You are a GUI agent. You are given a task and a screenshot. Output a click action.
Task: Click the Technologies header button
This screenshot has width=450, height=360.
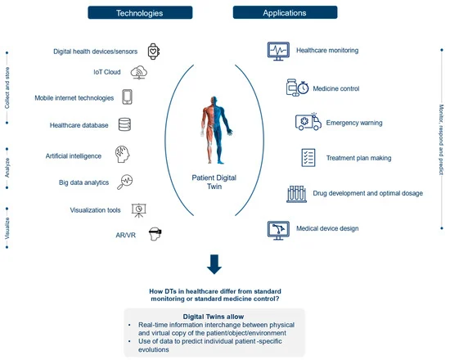[140, 12]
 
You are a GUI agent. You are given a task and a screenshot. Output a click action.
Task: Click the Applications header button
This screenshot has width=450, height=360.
[285, 12]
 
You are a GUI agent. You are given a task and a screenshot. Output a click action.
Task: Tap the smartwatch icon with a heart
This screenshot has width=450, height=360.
[154, 52]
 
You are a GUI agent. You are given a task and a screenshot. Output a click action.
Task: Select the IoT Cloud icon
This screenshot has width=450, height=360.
[139, 72]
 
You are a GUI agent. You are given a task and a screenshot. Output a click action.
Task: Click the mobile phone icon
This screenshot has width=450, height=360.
[127, 97]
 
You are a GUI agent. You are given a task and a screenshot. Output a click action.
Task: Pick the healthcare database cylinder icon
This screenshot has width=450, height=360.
[125, 124]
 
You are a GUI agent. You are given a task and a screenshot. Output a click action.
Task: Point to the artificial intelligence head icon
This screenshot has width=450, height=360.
[123, 154]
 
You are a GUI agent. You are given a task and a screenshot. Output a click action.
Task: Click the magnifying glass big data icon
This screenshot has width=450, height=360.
[125, 182]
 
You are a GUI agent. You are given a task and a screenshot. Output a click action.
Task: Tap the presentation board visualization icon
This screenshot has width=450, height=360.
[138, 210]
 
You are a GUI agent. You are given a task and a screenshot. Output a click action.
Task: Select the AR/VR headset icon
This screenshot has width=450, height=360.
[155, 234]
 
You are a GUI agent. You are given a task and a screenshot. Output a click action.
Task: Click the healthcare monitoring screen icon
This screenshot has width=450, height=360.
[278, 51]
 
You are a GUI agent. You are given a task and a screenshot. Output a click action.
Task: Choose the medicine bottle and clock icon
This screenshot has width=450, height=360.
[297, 88]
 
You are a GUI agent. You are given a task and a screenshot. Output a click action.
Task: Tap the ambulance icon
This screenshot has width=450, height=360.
[308, 122]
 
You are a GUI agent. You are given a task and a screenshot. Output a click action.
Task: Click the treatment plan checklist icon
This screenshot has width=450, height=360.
[308, 158]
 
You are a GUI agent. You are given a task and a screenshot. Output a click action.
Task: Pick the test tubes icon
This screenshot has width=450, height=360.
[296, 194]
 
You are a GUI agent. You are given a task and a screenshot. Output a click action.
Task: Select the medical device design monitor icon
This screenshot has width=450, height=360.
[278, 230]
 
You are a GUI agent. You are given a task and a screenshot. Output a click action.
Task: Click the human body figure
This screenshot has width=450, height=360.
[216, 130]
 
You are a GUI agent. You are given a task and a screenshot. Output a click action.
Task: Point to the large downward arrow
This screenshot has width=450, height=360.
[214, 264]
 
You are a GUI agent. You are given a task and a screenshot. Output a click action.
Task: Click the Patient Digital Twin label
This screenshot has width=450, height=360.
[214, 182]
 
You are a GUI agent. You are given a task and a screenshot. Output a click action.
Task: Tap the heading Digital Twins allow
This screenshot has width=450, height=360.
[214, 317]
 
